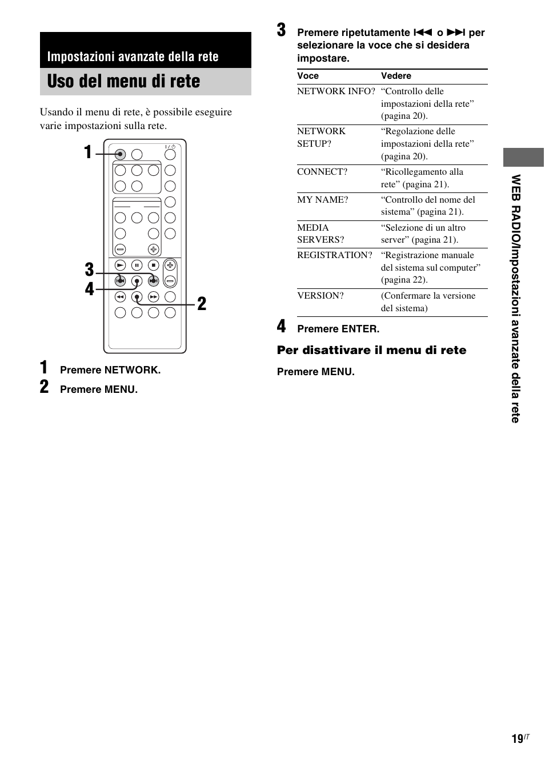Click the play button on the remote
pos(120,265)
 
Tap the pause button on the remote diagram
pos(137,265)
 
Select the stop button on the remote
pos(153,265)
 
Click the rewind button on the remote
pos(120,296)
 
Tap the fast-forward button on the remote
pos(153,296)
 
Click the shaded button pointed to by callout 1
pos(120,154)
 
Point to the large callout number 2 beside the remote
pos(202,304)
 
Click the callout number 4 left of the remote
pos(89,289)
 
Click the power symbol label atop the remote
pos(170,147)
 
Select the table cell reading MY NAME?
pos(323,200)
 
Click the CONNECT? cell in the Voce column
pos(322,172)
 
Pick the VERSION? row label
pos(320,296)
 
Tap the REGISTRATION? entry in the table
pos(335,255)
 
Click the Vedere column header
pos(396,76)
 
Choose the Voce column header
pos(308,76)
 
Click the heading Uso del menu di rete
pos(124,82)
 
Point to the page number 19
pos(517,739)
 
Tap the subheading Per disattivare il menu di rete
pos(371,350)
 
